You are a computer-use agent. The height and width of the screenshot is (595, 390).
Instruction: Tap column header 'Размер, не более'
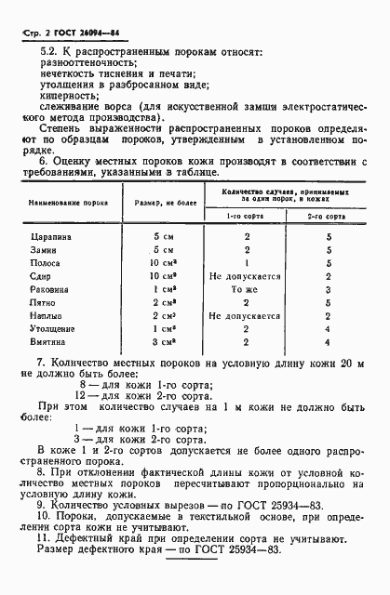pyautogui.click(x=164, y=199)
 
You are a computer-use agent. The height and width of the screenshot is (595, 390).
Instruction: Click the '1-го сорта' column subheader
pyautogui.click(x=247, y=215)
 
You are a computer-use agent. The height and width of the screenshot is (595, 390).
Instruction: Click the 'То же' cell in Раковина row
pyautogui.click(x=247, y=290)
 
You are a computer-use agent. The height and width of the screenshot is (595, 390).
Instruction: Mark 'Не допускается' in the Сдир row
pyautogui.click(x=247, y=277)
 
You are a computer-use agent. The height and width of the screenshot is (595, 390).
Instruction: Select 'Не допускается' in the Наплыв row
pyautogui.click(x=247, y=316)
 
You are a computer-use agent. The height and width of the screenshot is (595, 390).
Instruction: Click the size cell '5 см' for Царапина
pyautogui.click(x=163, y=237)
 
